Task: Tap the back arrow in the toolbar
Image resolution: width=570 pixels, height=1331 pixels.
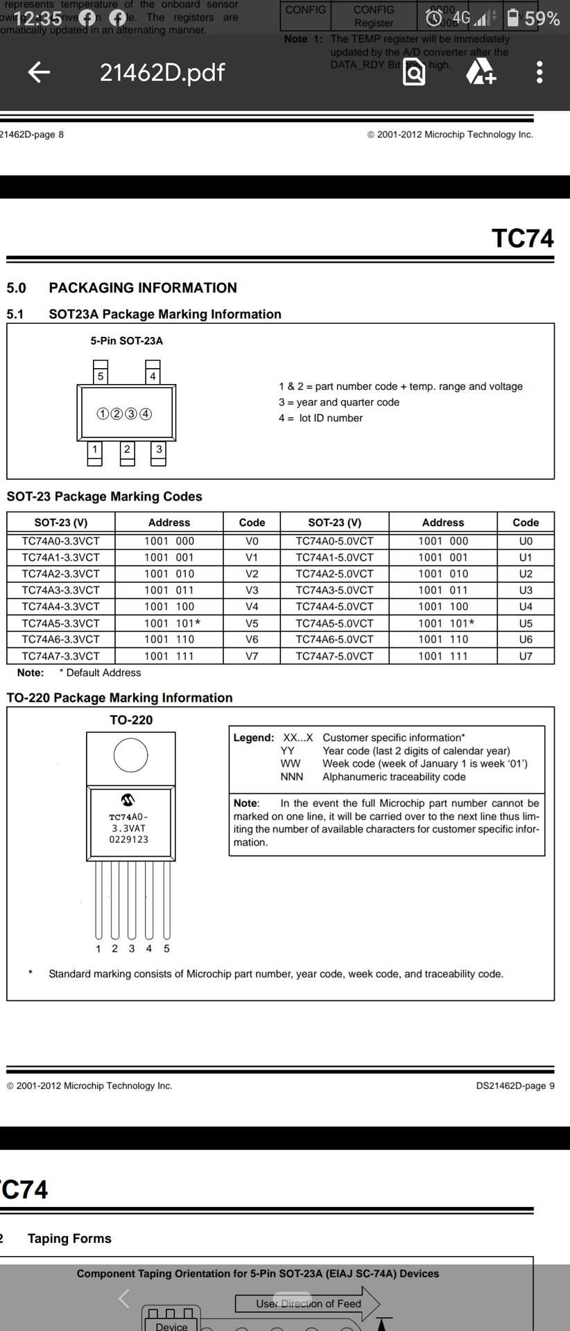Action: pyautogui.click(x=39, y=72)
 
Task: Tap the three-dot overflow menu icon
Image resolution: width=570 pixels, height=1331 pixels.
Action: pyautogui.click(x=539, y=72)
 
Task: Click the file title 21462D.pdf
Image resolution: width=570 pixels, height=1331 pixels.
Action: pyautogui.click(x=162, y=72)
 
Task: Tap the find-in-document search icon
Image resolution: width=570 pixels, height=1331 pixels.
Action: pyautogui.click(x=414, y=72)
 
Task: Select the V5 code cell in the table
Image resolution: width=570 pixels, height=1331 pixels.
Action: pyautogui.click(x=252, y=623)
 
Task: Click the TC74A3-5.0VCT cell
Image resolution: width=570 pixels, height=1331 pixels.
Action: pyautogui.click(x=334, y=590)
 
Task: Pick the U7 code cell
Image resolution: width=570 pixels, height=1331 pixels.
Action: pyautogui.click(x=526, y=656)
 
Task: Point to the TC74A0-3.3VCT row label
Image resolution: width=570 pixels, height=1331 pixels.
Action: pyautogui.click(x=60, y=541)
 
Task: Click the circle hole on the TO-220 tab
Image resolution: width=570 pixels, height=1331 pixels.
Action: pyautogui.click(x=130, y=755)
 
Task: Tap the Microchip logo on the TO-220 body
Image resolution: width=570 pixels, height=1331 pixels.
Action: pyautogui.click(x=128, y=800)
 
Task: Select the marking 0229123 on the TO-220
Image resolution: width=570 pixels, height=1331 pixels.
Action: pyautogui.click(x=129, y=840)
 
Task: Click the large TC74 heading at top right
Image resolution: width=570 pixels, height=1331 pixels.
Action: pyautogui.click(x=522, y=238)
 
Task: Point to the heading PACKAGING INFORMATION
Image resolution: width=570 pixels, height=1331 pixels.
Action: pyautogui.click(x=143, y=288)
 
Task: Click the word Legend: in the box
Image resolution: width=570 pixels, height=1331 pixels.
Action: pyautogui.click(x=254, y=738)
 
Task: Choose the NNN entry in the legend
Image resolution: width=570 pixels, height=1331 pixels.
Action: pyautogui.click(x=292, y=777)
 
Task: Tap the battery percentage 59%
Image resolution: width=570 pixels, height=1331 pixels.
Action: pyautogui.click(x=542, y=19)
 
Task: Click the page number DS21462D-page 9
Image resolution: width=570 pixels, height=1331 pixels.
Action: pyautogui.click(x=515, y=1086)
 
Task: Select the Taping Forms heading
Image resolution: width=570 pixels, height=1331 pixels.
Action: pyautogui.click(x=69, y=1238)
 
